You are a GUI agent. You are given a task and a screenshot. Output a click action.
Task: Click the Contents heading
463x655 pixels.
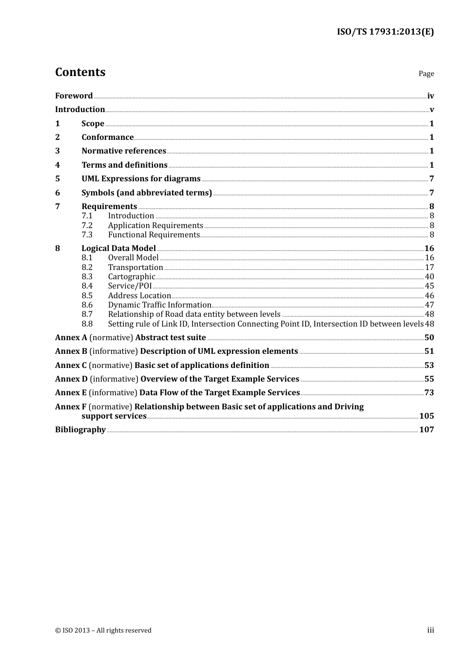tap(80, 72)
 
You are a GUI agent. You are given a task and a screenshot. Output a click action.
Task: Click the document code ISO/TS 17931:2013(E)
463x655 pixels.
tap(385, 32)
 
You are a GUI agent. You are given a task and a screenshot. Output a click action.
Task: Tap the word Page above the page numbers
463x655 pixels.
tap(426, 74)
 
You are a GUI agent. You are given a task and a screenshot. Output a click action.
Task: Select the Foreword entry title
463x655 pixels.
tap(74, 96)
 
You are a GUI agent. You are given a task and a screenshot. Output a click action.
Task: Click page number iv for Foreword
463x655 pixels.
tap(430, 96)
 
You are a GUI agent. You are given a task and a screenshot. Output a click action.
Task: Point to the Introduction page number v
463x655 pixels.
tap(432, 110)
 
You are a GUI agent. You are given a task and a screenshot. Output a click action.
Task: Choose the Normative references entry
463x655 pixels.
tap(124, 151)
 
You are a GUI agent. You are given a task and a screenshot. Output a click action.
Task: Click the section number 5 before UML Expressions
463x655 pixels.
tap(58, 179)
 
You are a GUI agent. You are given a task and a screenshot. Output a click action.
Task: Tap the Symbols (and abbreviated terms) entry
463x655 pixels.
tap(147, 193)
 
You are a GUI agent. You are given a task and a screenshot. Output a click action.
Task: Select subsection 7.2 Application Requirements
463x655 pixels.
tap(155, 226)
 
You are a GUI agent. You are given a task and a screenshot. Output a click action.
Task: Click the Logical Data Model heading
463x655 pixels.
tap(118, 249)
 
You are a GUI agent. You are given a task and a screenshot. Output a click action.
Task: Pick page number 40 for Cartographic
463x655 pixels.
tap(429, 277)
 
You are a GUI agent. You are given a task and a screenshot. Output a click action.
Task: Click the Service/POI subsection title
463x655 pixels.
tap(130, 286)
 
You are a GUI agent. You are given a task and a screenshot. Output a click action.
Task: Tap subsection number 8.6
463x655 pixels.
tap(87, 305)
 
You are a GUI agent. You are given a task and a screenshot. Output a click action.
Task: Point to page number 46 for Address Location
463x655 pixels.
tap(429, 296)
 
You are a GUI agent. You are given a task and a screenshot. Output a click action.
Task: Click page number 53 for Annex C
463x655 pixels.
tap(429, 366)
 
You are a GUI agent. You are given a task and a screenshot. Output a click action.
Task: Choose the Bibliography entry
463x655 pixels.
tap(80, 430)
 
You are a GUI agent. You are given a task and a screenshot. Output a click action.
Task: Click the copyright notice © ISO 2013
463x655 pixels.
tap(103, 631)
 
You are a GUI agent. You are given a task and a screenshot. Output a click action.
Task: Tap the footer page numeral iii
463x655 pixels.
tap(430, 630)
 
